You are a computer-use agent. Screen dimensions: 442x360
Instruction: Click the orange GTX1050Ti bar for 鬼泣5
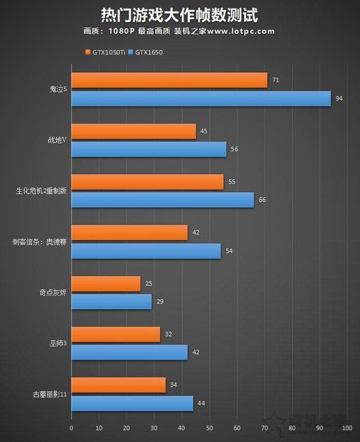pos(169,81)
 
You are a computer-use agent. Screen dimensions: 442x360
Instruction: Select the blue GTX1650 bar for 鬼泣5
pos(201,99)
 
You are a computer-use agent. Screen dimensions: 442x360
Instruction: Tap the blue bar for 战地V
pos(148,149)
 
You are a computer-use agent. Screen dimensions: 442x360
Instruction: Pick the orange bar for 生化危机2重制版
pos(147,182)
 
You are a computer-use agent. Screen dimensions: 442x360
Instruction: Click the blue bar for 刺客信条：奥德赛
pos(146,251)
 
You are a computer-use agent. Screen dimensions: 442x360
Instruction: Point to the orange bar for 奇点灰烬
pos(106,284)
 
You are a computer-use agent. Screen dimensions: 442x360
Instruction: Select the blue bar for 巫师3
pos(129,352)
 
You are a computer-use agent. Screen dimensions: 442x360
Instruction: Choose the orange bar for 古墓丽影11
pos(118,385)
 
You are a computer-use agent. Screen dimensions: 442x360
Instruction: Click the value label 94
pos(339,99)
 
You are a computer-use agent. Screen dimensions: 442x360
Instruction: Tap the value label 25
pos(148,284)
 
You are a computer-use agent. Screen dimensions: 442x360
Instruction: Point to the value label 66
pos(262,200)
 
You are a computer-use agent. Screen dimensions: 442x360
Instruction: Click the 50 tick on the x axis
pos(209,428)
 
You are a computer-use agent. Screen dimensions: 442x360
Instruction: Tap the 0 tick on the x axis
pos(71,428)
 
